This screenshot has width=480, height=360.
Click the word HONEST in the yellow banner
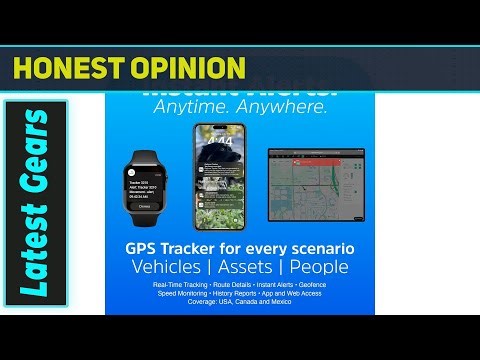point(65,67)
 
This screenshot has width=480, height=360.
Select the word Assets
point(246,267)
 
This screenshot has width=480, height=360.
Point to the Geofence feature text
point(311,285)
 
